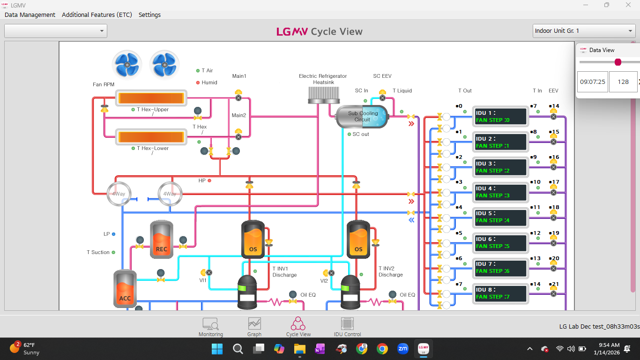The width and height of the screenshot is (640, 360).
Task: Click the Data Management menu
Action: tap(30, 15)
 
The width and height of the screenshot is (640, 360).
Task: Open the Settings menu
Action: tap(149, 15)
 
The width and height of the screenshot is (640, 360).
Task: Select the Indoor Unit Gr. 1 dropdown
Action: tap(584, 31)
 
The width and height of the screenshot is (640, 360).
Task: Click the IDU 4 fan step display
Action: tap(500, 192)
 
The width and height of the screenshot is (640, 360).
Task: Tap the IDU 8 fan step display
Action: tap(500, 293)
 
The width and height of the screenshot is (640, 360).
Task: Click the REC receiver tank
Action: tap(161, 240)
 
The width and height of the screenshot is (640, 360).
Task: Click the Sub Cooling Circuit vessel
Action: tap(362, 117)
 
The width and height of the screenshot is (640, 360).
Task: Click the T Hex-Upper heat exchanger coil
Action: tap(152, 98)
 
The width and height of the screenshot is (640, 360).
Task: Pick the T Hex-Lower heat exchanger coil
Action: tap(152, 137)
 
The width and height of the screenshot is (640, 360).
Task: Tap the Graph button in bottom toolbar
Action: tap(254, 327)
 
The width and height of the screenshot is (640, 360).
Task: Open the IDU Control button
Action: tap(347, 327)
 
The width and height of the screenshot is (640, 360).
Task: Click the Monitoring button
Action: tap(210, 327)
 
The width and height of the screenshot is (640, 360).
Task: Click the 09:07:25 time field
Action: tap(592, 82)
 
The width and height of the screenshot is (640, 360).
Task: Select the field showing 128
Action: tap(623, 82)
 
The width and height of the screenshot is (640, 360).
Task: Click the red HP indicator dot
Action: tap(209, 180)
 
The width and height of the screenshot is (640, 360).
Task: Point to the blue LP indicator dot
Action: tap(113, 234)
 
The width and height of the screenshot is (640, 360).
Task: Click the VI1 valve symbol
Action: tap(209, 272)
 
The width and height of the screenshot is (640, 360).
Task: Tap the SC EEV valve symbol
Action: tap(382, 97)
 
